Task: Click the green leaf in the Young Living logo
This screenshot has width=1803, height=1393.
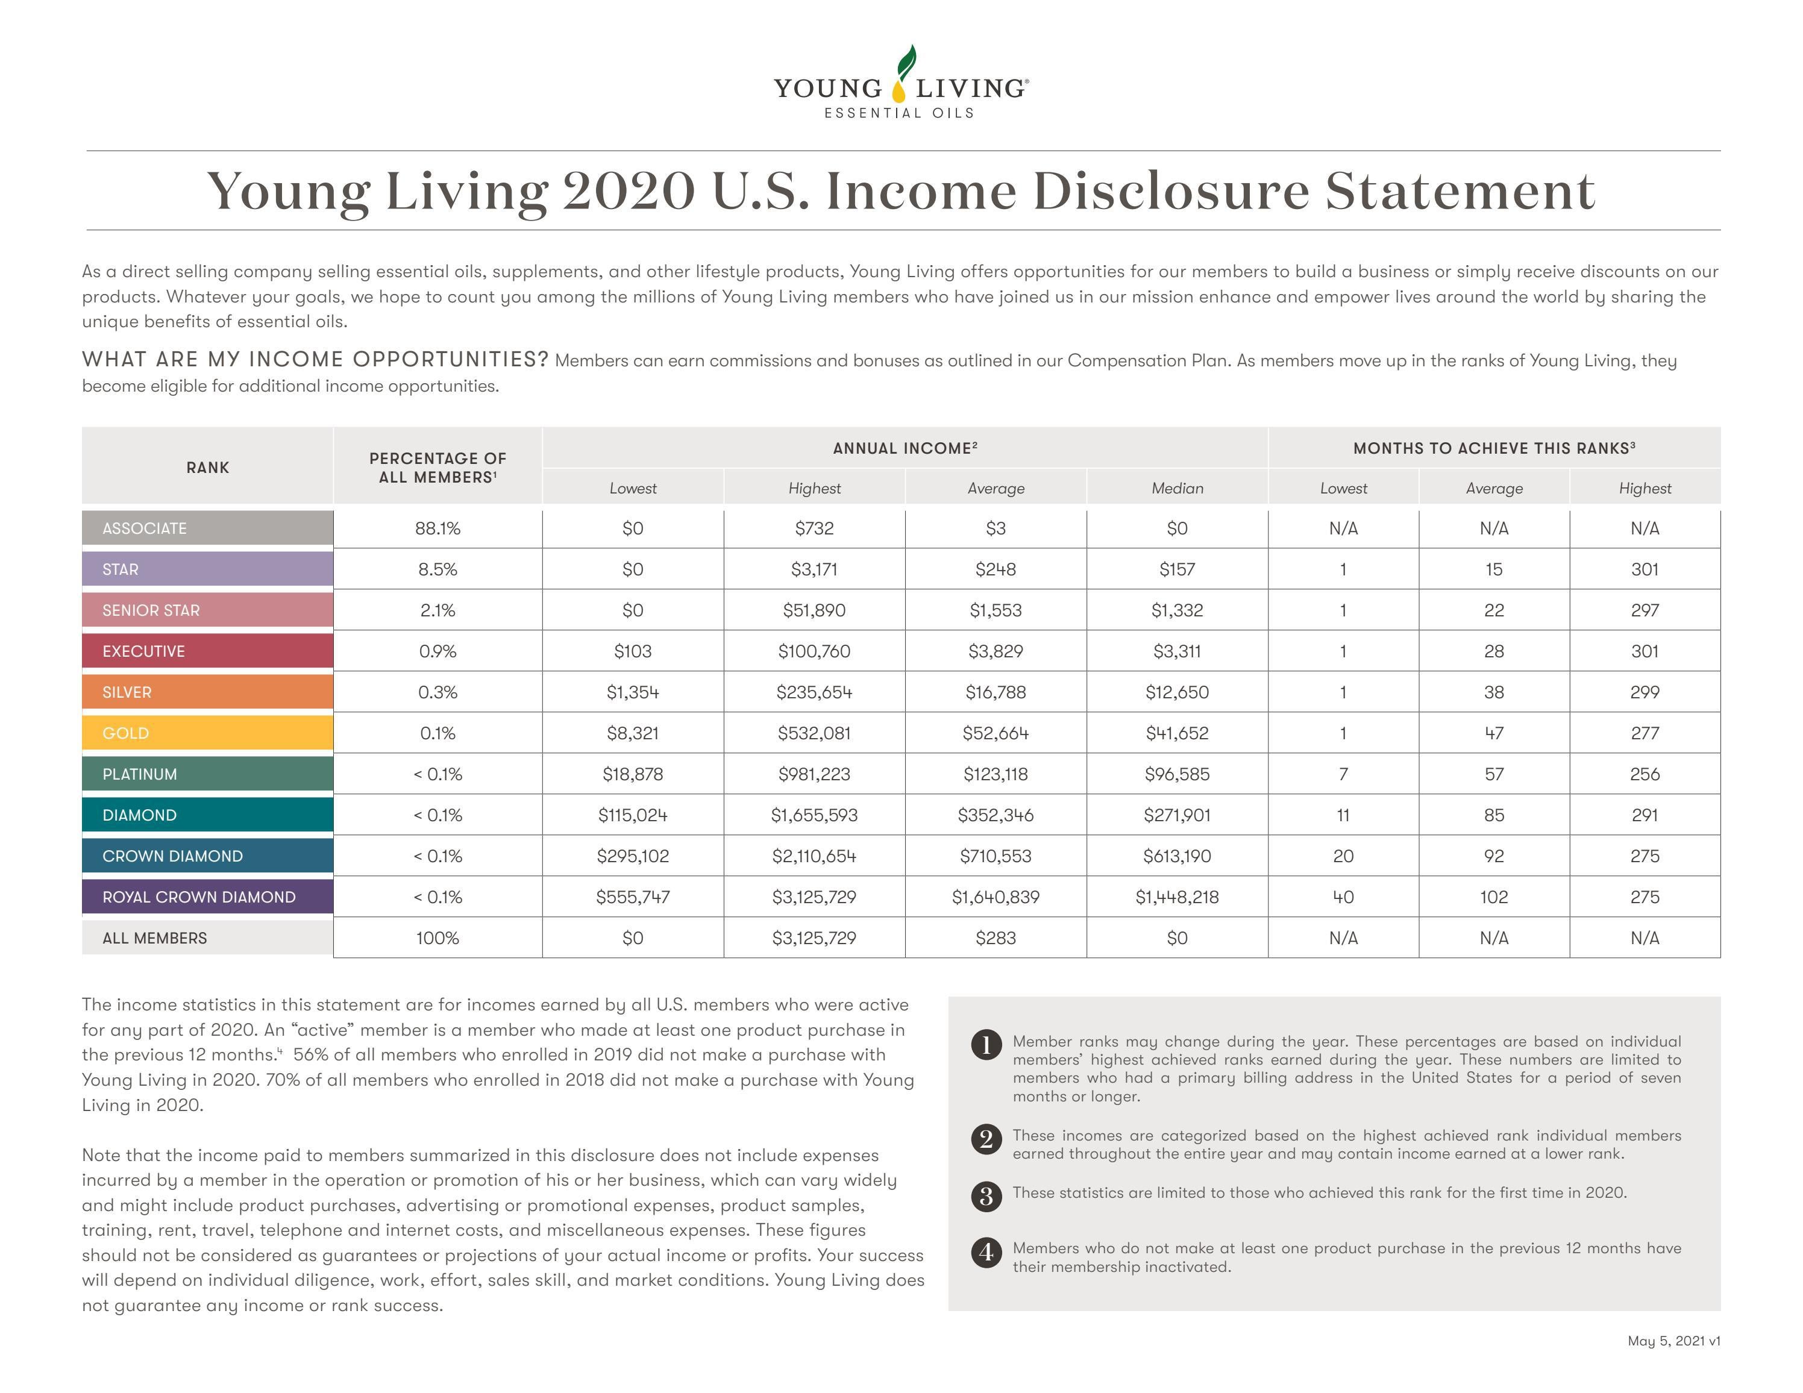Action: pos(908,61)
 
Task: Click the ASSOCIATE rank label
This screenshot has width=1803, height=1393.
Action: pos(145,528)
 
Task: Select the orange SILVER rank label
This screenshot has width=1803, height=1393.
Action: pos(127,692)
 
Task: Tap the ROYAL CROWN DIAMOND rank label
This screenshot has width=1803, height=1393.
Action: pos(199,897)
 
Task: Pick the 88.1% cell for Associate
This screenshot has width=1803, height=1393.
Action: pos(437,528)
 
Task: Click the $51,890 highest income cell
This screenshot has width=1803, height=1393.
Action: pos(814,611)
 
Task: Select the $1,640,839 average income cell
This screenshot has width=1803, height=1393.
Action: pos(996,897)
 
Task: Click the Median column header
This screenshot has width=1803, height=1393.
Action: pos(1177,489)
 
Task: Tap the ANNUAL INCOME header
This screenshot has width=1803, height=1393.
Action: pos(905,448)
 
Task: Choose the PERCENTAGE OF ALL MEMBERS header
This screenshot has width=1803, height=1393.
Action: pos(437,467)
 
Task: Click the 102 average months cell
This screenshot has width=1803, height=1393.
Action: pos(1493,897)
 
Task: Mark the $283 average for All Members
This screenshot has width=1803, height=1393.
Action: pos(996,938)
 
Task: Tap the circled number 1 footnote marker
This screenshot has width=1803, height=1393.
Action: pos(986,1044)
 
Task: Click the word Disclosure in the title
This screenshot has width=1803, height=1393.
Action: pos(1171,192)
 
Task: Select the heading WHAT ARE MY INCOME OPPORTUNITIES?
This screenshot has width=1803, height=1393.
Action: pos(315,360)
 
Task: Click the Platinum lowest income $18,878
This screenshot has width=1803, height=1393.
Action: pos(632,774)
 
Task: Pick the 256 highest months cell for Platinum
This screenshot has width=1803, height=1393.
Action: pos(1645,774)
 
